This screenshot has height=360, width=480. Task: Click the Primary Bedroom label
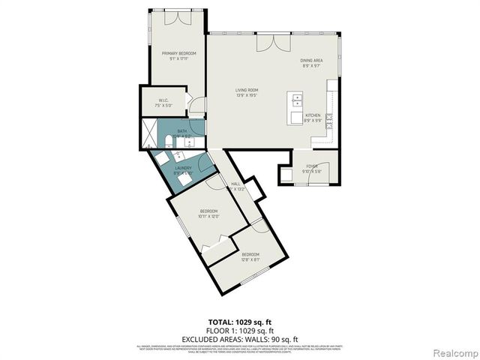pyautogui.click(x=178, y=52)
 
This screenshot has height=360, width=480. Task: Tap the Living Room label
pyautogui.click(x=247, y=90)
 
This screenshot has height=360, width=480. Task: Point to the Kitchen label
pyautogui.click(x=313, y=115)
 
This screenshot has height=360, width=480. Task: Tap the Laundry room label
pyautogui.click(x=184, y=168)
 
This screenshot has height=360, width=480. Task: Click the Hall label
pyautogui.click(x=235, y=184)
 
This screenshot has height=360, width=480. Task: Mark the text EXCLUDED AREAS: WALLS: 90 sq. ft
pyautogui.click(x=240, y=339)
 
